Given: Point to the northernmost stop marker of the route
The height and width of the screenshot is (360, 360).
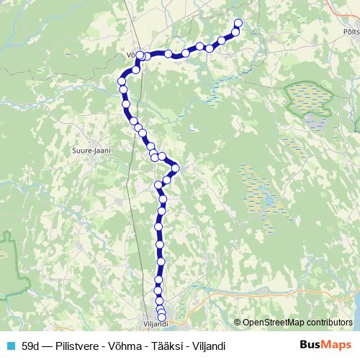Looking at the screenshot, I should click(x=238, y=23).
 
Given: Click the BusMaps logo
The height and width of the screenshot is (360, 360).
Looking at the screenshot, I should click(x=326, y=346).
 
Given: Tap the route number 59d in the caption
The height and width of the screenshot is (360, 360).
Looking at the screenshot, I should click(x=31, y=346).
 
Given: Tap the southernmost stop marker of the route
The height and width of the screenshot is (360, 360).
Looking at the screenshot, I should click(x=162, y=318).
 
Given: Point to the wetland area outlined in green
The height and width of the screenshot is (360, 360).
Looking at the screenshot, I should click(x=310, y=100).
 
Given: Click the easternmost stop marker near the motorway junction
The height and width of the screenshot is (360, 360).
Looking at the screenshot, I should click(x=175, y=169).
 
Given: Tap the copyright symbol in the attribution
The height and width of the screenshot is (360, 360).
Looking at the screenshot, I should click(x=238, y=323).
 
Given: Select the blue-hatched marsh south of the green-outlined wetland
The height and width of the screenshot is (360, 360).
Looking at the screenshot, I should click(x=259, y=191).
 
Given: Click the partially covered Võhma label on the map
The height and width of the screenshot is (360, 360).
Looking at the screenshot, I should click(x=130, y=53).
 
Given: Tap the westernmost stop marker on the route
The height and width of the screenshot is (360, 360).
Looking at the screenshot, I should click(x=122, y=81).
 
